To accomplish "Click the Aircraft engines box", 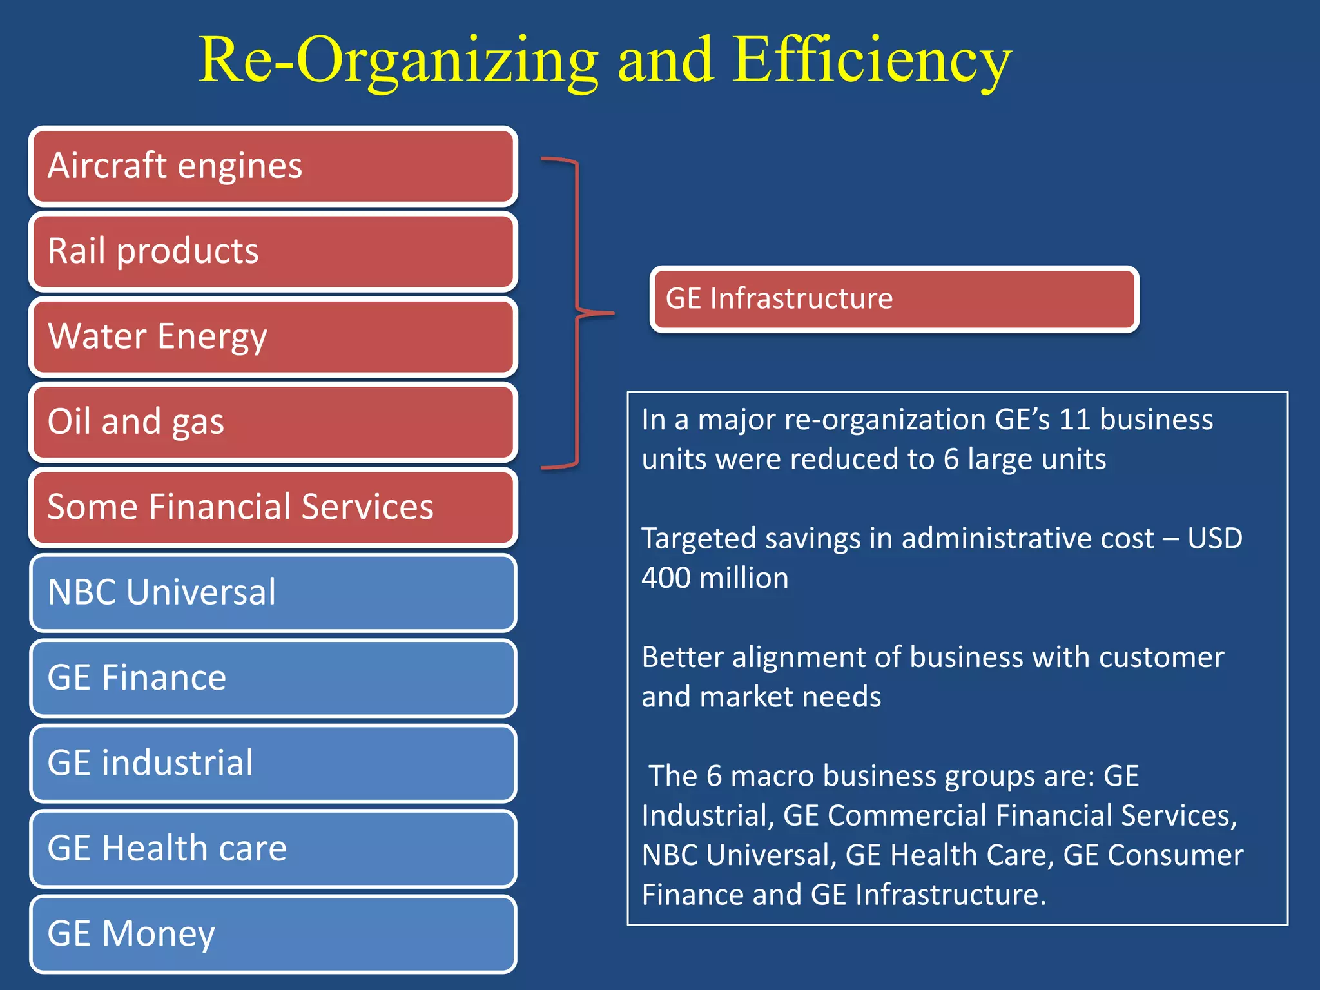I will click(273, 166).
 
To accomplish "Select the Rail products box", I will click(273, 251).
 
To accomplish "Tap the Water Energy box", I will click(273, 336).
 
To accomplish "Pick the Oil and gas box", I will click(273, 422).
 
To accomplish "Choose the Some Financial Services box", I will click(273, 507).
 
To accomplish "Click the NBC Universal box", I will click(273, 592).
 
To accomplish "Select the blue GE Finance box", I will click(273, 678).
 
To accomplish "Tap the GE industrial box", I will click(273, 763).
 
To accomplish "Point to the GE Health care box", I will click(273, 848).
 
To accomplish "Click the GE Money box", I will click(273, 934).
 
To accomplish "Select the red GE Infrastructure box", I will click(894, 299).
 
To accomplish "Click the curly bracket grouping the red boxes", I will click(577, 313).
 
